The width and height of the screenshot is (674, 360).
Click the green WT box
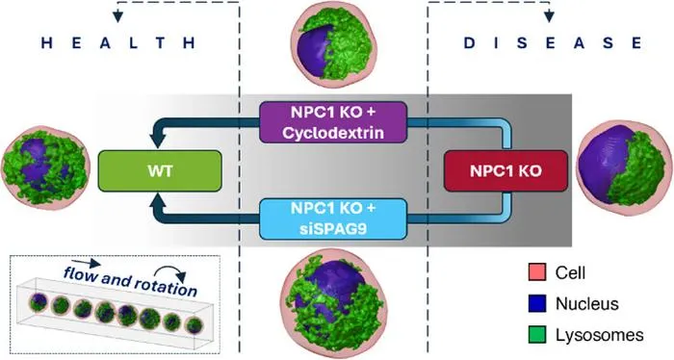point(160,171)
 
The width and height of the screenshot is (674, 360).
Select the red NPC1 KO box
point(505,171)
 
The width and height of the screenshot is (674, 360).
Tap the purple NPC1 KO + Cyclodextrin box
point(333,122)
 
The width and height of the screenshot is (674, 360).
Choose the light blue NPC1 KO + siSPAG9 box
point(333,219)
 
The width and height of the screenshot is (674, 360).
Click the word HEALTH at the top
point(118,42)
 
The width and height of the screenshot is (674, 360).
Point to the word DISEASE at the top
point(553,42)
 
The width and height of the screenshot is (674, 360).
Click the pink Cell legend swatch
point(537,272)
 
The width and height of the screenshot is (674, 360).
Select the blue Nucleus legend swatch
point(537,303)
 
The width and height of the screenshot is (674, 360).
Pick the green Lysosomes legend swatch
point(537,335)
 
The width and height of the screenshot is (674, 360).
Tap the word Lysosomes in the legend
point(600,335)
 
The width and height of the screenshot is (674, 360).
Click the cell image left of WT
point(46,168)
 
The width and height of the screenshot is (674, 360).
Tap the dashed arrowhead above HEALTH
point(117,17)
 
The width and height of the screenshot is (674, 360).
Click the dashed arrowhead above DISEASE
point(549,17)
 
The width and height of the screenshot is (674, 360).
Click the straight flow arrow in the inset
point(87,263)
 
